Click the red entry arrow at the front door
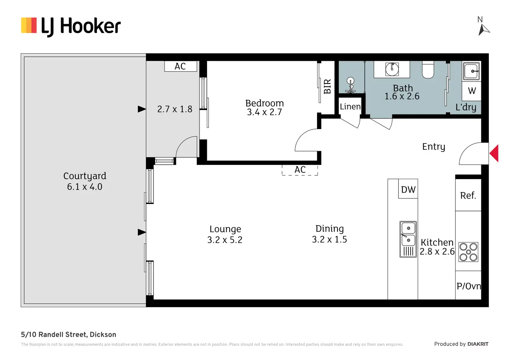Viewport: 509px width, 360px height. (494, 153)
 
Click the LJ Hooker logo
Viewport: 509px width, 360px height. (71, 26)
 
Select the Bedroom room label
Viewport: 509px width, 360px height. (265, 103)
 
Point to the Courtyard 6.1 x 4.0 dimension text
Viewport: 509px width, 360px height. (85, 187)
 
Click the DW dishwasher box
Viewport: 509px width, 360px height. (408, 190)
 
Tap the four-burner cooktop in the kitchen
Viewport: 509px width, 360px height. (468, 252)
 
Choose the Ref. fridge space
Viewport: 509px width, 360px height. (468, 195)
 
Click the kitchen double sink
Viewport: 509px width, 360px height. (408, 239)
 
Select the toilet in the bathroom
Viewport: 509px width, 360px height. (428, 70)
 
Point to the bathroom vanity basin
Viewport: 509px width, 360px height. (392, 69)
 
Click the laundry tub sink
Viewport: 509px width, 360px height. (471, 71)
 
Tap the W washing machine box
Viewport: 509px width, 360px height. (472, 91)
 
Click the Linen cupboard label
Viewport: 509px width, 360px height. (350, 107)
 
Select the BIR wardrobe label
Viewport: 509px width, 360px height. (327, 86)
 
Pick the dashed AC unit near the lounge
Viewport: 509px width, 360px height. (300, 170)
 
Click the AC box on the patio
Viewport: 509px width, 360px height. (180, 66)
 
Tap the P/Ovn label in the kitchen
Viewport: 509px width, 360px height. (469, 286)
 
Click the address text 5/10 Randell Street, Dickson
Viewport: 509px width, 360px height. (68, 334)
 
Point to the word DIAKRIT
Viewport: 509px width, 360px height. (478, 344)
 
